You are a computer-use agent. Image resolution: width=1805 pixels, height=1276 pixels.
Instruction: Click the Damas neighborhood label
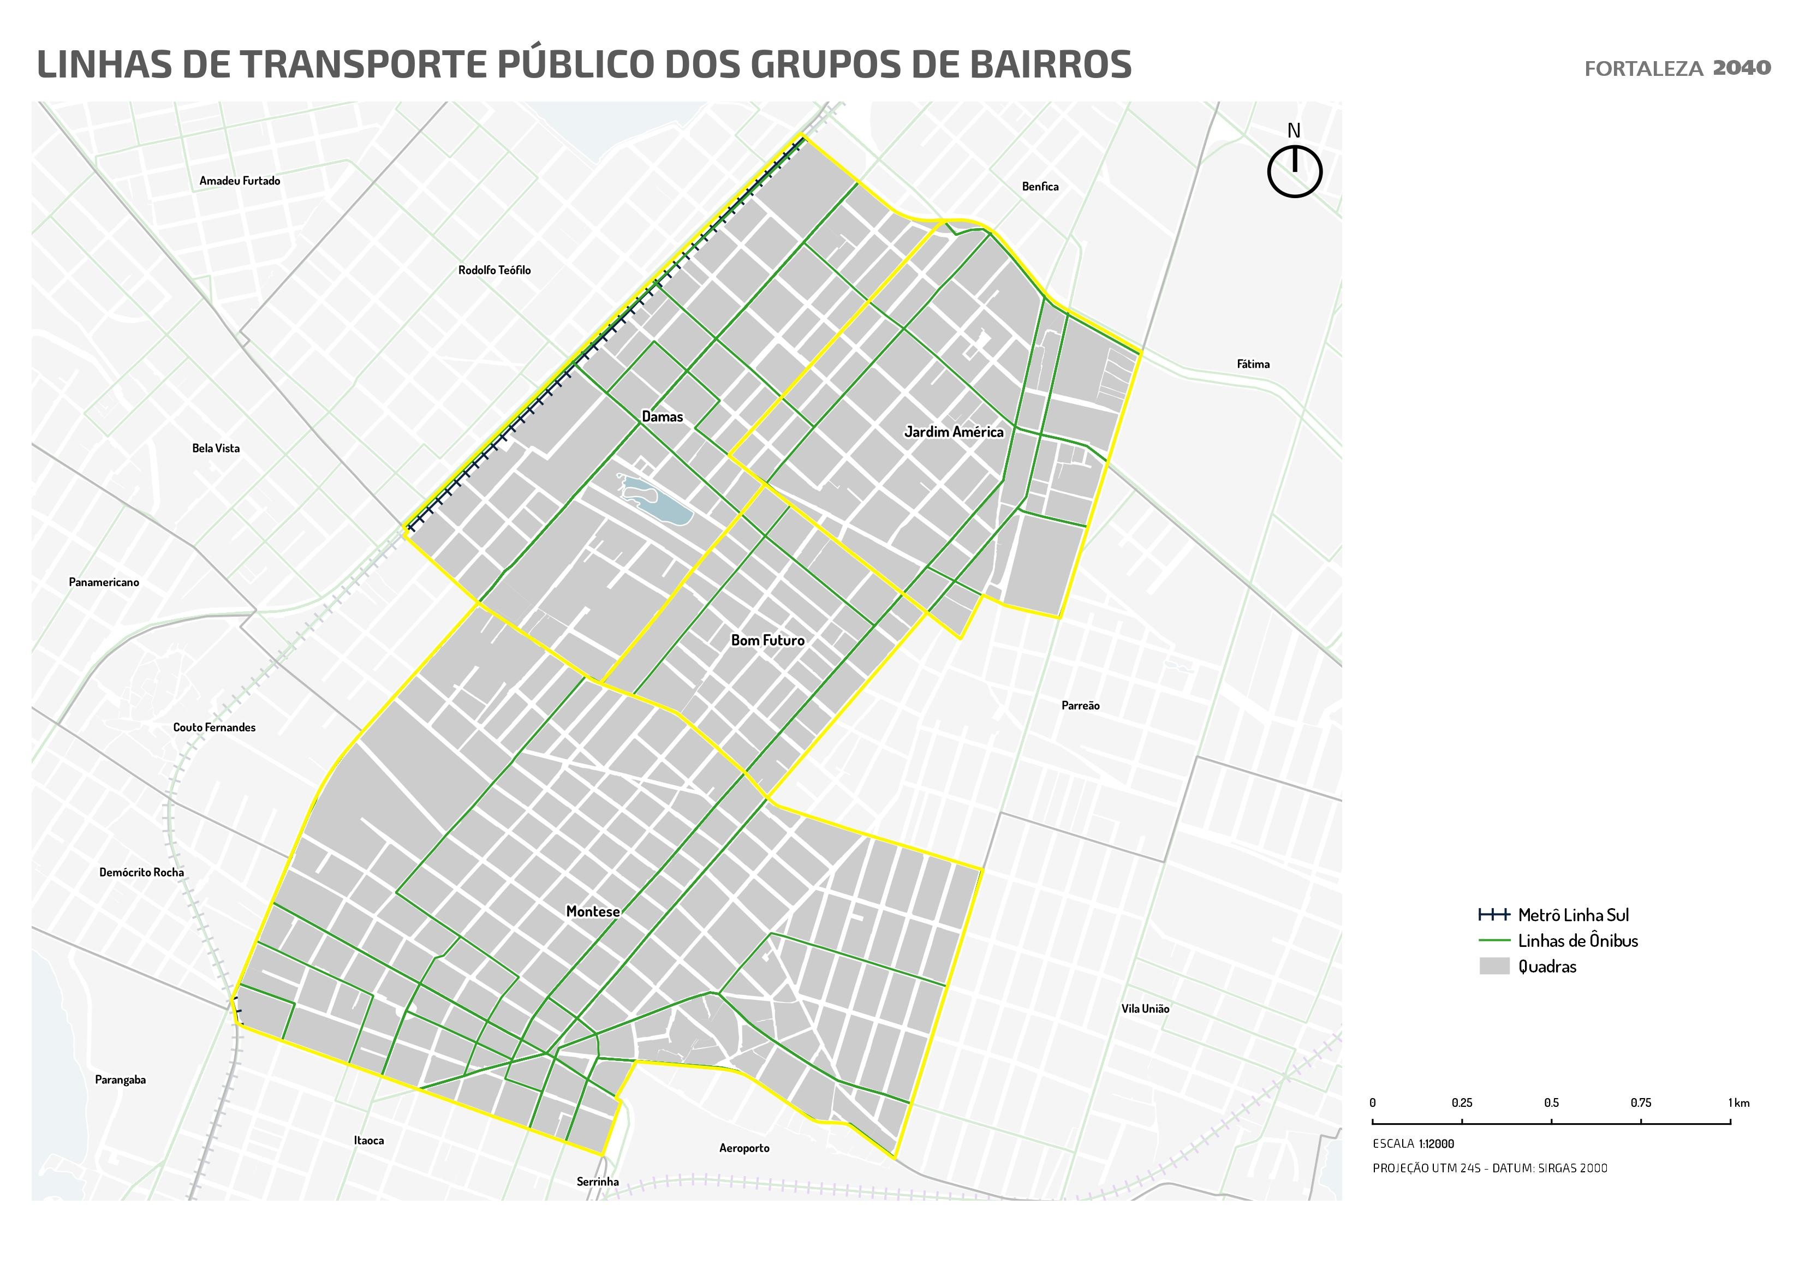(x=662, y=416)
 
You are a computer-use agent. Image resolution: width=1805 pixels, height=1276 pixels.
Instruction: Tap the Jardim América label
(x=953, y=432)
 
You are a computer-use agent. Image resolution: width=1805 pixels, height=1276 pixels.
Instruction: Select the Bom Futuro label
(x=767, y=640)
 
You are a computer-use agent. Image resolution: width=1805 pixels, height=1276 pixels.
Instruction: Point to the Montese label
(x=593, y=911)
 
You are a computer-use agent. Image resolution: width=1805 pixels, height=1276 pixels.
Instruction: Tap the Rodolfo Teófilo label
(x=495, y=270)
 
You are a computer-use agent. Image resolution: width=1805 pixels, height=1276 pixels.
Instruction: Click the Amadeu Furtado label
(x=240, y=181)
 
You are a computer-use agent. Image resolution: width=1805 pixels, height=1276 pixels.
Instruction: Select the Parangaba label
(x=120, y=1080)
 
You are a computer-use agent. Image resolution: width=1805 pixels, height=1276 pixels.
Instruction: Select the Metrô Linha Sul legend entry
(x=1572, y=915)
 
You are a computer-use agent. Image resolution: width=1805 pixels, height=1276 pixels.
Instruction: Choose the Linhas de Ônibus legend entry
(x=1577, y=941)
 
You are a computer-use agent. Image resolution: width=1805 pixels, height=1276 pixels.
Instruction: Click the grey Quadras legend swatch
(x=1494, y=966)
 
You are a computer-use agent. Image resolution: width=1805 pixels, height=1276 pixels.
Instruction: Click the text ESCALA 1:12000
(x=1413, y=1144)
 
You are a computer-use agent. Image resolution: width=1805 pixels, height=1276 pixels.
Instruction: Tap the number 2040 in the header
(x=1741, y=68)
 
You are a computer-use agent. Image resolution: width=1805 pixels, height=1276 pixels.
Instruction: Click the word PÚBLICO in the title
(x=577, y=64)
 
